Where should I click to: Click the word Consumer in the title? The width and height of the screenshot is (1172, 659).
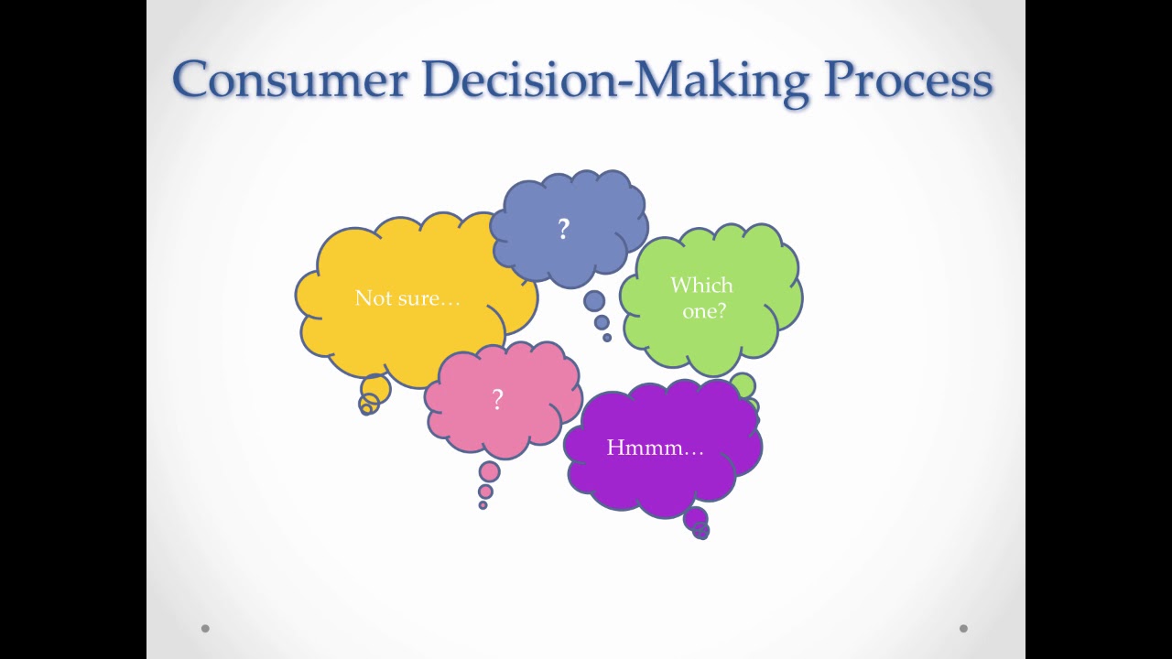(289, 80)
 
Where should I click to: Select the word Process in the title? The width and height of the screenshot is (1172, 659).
(908, 80)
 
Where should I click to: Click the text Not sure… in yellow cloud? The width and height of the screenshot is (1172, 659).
(407, 298)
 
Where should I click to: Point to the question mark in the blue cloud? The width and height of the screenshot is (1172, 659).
(564, 229)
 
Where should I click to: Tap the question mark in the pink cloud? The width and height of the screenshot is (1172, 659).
(497, 399)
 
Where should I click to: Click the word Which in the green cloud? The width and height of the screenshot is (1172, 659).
(701, 286)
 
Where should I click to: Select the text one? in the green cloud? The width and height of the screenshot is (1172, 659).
(704, 310)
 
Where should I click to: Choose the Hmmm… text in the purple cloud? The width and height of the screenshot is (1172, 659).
(655, 448)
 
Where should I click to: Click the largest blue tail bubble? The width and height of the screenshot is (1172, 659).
(594, 301)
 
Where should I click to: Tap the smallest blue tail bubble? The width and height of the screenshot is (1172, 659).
(607, 338)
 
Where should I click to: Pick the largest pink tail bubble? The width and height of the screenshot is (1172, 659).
(490, 472)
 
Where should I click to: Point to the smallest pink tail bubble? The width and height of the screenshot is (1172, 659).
(483, 505)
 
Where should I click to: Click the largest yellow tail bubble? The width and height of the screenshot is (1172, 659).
(375, 389)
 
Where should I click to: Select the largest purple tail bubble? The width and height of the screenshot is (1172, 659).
(695, 519)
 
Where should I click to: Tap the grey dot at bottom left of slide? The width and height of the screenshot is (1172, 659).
(205, 628)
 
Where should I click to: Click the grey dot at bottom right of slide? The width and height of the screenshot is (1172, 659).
(963, 628)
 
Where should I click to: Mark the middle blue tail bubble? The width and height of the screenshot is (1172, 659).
(602, 322)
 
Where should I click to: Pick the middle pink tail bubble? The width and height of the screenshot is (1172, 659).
(485, 492)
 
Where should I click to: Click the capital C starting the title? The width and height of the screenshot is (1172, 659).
(191, 80)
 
